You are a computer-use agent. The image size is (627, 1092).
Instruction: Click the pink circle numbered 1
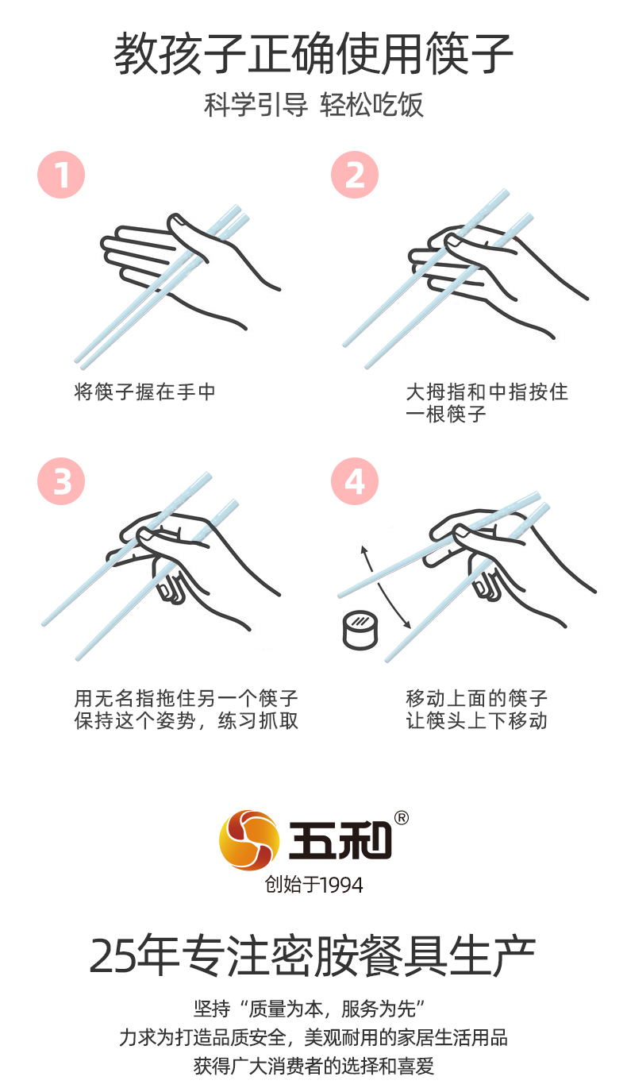(61, 175)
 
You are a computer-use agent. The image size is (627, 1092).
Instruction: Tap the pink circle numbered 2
(355, 175)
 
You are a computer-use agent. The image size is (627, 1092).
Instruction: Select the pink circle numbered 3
(61, 481)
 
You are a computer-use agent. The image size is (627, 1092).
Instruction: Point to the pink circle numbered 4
(355, 481)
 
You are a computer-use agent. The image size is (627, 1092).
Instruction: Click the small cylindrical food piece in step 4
(360, 630)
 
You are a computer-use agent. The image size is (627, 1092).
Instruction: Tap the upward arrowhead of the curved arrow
(364, 550)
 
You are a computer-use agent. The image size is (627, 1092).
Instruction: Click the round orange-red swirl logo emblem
(249, 840)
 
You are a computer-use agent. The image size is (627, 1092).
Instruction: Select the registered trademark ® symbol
(401, 817)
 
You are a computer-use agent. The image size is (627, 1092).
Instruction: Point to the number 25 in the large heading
(110, 956)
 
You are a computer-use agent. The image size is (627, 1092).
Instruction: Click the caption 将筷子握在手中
(144, 392)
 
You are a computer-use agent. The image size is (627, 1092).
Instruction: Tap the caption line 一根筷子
(446, 415)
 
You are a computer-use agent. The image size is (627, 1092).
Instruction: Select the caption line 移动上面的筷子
(477, 698)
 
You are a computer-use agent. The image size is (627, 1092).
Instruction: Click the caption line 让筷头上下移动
(477, 720)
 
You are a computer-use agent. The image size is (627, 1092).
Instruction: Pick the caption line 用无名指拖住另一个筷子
(186, 698)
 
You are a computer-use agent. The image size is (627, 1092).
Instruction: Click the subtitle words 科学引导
(256, 104)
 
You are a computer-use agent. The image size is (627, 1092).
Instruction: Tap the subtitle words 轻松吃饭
(371, 104)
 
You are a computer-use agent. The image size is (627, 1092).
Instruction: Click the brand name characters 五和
(340, 840)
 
